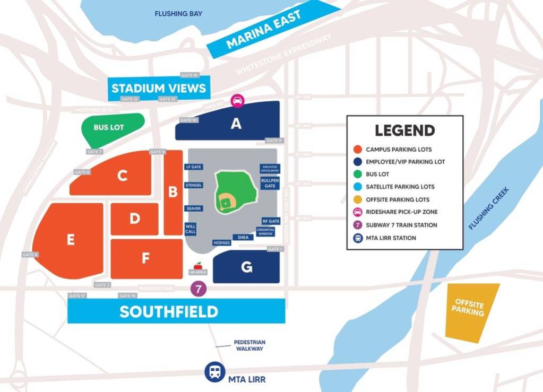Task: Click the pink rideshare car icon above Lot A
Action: click(x=237, y=100)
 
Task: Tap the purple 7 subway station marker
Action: click(x=198, y=289)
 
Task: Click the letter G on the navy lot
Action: click(x=246, y=267)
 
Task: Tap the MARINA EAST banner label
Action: click(x=264, y=29)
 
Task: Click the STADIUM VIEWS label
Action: click(x=158, y=88)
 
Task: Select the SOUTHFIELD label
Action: click(x=169, y=311)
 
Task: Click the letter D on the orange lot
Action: click(x=135, y=219)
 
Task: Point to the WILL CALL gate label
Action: click(x=191, y=229)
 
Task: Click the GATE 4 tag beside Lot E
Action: click(x=30, y=255)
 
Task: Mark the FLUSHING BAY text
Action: click(x=179, y=14)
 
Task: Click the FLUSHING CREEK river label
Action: click(x=489, y=208)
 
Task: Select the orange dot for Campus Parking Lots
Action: click(x=358, y=150)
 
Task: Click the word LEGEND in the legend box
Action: click(x=404, y=130)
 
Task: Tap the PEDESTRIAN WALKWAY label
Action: click(x=249, y=345)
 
